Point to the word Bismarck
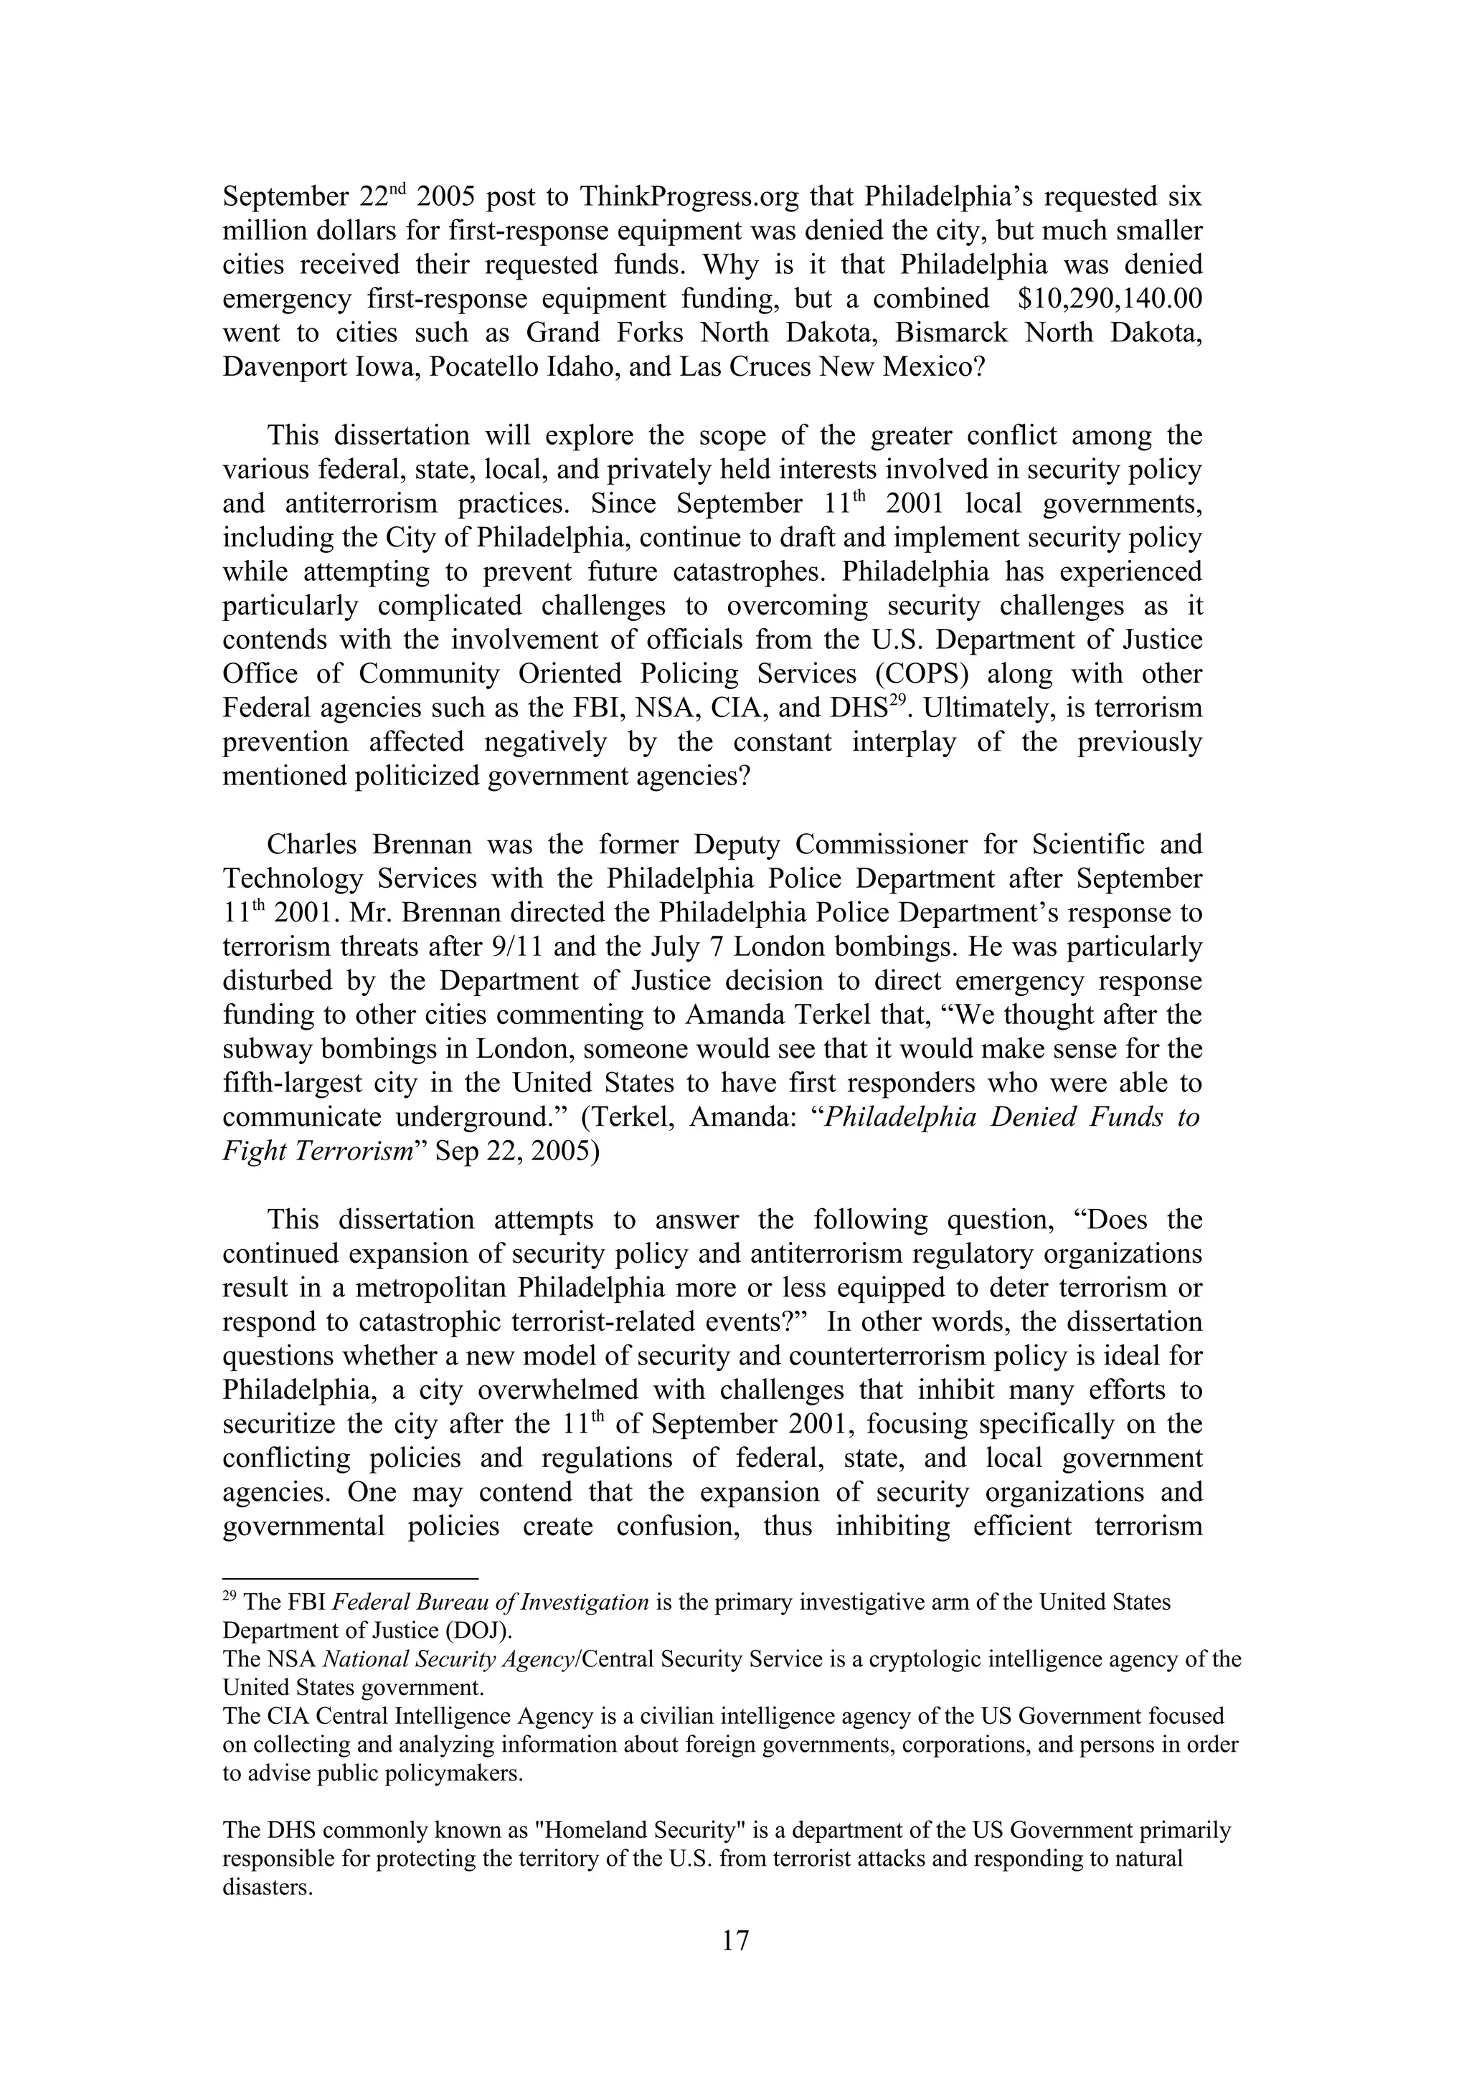[x=950, y=333]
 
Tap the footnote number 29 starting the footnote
[x=230, y=1598]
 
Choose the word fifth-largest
[x=294, y=1083]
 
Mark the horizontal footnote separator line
[x=349, y=1578]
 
